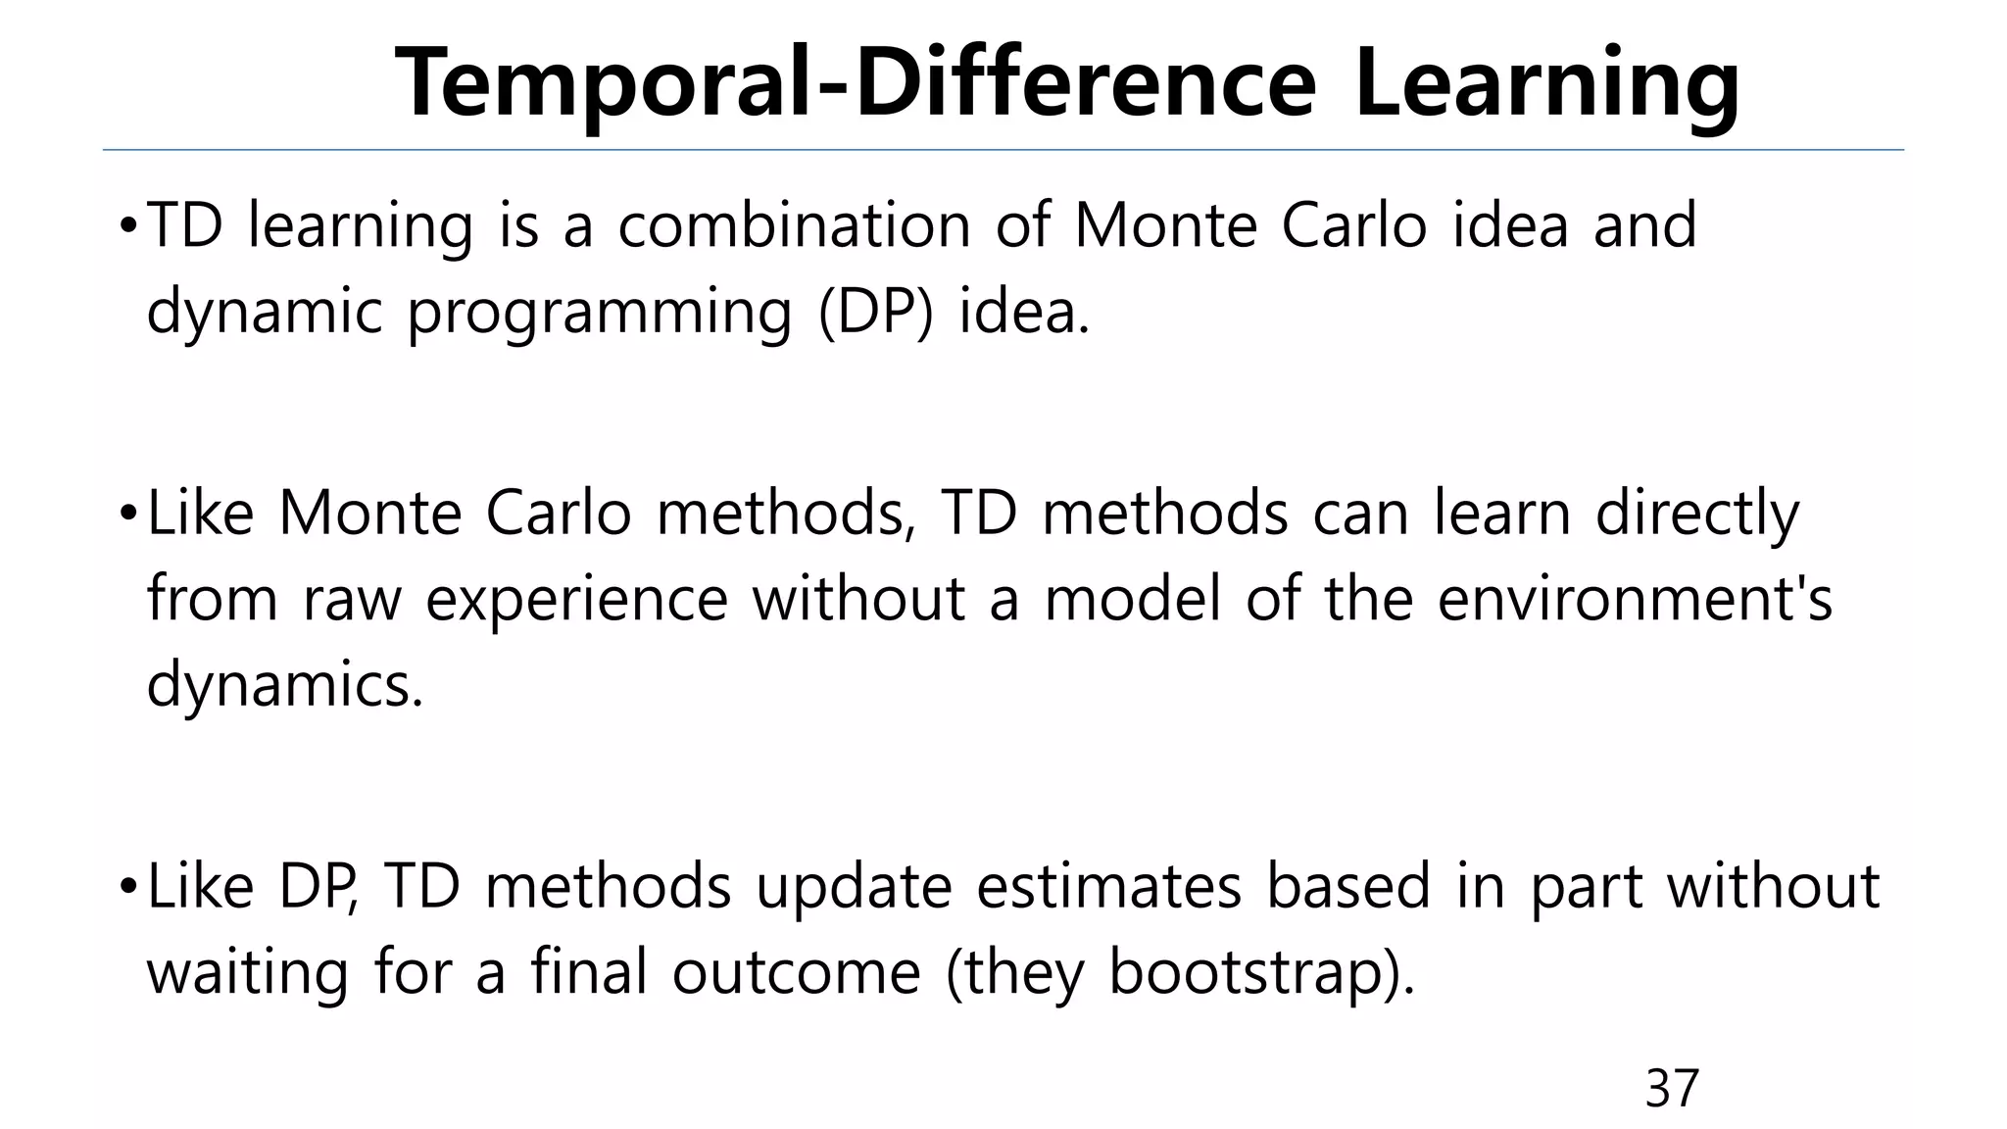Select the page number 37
1672,1088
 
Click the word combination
794,225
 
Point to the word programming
599,314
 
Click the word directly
1697,514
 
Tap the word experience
576,600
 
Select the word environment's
1634,600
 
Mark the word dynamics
284,686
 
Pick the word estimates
1108,887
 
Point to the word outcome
796,973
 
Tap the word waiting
247,973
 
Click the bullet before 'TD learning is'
127,227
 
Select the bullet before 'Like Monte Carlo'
127,515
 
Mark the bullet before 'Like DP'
127,888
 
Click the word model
1132,600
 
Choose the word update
854,887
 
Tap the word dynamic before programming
264,314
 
